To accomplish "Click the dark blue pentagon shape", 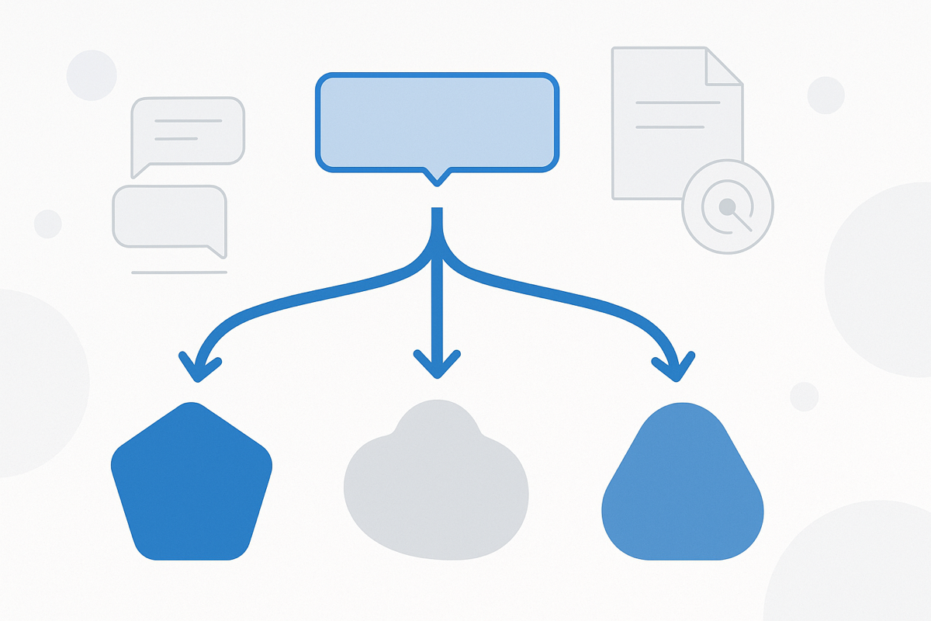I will [192, 485].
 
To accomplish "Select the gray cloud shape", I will [436, 485].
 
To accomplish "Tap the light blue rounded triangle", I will [683, 489].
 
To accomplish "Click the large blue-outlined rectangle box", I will [437, 122].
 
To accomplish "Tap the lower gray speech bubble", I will [170, 217].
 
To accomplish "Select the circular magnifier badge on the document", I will [727, 207].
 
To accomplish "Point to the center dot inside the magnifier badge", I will [727, 206].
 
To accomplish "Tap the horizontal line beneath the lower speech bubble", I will [179, 272].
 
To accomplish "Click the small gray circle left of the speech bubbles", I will [47, 224].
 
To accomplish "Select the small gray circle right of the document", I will [825, 95].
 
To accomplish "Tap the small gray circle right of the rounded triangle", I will [804, 396].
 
